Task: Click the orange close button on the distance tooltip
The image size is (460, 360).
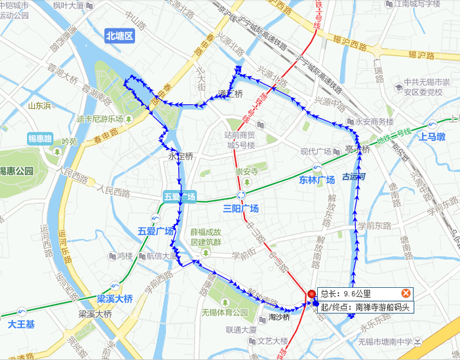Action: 406,293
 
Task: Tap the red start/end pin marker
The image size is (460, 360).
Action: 311,294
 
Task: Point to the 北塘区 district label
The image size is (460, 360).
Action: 120,37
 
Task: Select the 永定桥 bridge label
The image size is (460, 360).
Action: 181,157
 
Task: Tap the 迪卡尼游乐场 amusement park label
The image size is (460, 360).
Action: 100,119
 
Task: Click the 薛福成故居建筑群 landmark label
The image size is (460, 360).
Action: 206,237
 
